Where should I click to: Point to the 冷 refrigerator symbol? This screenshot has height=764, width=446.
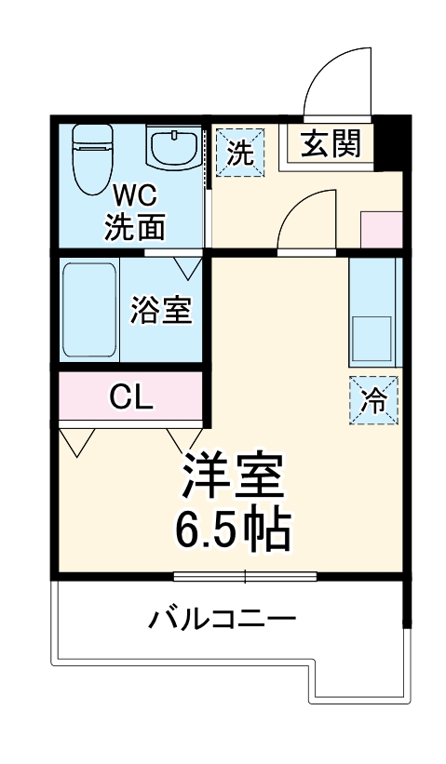tap(373, 400)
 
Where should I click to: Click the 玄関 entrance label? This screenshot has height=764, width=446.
tap(330, 144)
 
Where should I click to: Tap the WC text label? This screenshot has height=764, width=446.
tap(134, 196)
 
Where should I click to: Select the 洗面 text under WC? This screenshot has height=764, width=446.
tap(134, 228)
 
